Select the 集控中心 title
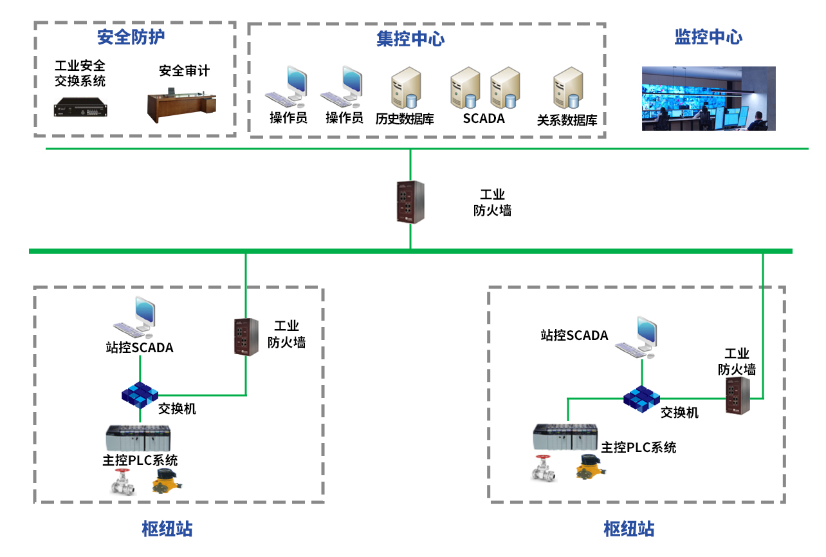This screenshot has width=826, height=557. (410, 39)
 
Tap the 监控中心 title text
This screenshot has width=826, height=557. (708, 37)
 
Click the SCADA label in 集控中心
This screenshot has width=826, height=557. (484, 118)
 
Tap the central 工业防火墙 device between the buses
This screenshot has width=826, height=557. (410, 202)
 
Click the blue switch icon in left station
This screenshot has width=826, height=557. (140, 394)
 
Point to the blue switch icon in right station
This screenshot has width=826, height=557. (641, 398)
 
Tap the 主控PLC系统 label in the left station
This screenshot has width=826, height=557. (140, 460)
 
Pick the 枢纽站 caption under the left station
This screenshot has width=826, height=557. (167, 529)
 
